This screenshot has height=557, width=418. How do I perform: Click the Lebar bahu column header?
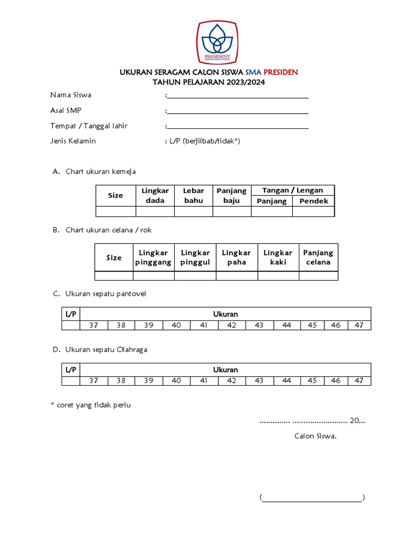193,195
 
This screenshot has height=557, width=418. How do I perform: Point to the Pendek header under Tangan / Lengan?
313,201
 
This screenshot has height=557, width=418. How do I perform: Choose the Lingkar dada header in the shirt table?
155,195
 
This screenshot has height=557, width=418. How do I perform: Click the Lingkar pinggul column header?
195,257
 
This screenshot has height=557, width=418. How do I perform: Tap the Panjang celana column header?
318,257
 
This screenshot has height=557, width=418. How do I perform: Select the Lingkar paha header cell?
236,257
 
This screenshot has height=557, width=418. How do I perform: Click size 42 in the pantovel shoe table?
231,325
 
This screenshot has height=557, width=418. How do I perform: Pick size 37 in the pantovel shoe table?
94,325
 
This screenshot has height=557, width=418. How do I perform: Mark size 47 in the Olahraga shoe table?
359,381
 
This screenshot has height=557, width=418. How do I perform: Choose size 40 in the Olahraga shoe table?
176,381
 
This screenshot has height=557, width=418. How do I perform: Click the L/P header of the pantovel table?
71,314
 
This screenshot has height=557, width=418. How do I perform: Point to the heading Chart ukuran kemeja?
100,171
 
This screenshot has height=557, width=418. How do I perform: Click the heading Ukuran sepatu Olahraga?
106,350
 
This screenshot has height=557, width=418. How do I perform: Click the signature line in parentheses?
312,498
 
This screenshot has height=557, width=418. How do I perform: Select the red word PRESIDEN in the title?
281,72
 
